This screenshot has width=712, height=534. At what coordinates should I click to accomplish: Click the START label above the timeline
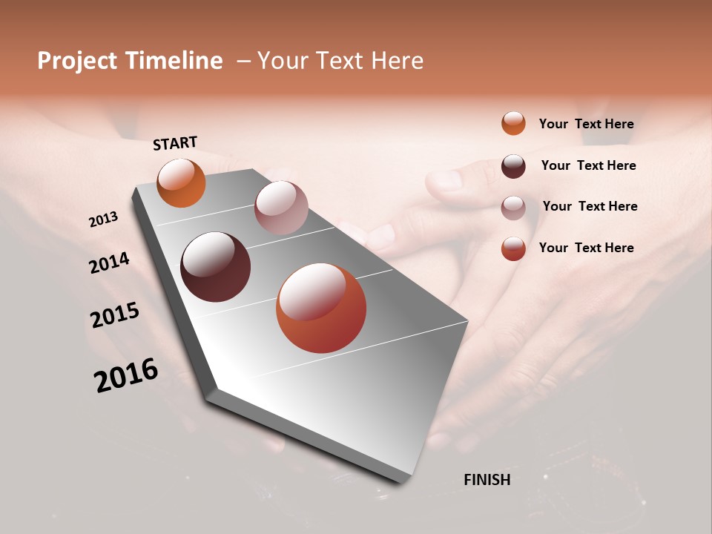[x=175, y=143]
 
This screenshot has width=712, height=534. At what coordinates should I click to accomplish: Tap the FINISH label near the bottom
[x=487, y=480]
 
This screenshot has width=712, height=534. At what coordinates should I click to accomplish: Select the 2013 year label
[x=104, y=220]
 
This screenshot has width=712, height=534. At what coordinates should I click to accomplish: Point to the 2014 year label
[x=109, y=263]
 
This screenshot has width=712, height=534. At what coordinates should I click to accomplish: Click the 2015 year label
[x=115, y=315]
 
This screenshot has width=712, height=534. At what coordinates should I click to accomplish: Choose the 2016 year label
[x=126, y=375]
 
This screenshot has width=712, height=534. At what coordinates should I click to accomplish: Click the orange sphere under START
[x=182, y=183]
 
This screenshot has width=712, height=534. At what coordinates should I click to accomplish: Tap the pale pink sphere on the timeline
[x=280, y=208]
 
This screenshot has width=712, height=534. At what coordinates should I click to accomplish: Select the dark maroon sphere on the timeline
[x=215, y=267]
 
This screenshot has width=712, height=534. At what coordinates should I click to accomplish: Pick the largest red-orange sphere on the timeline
[x=321, y=308]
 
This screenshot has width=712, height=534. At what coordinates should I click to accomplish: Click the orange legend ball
[x=513, y=123]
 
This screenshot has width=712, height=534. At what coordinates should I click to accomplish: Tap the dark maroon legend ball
[x=513, y=166]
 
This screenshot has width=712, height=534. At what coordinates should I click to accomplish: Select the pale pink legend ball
[x=513, y=207]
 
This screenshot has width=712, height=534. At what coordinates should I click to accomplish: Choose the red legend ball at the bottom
[x=513, y=248]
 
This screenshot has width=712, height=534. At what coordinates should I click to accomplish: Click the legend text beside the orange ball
[x=586, y=124]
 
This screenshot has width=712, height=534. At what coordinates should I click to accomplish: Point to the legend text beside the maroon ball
[x=588, y=165]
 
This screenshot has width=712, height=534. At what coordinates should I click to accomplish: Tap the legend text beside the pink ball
[x=590, y=206]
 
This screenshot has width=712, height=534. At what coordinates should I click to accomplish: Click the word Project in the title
[x=76, y=61]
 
